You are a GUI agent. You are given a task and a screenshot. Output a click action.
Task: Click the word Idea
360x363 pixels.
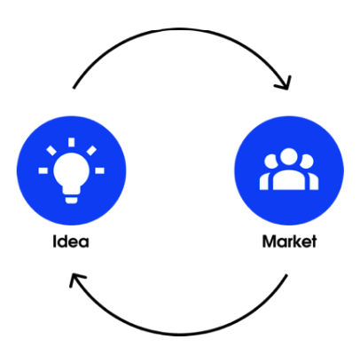[71, 241]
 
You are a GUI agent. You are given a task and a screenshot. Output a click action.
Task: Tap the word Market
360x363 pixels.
[289, 241]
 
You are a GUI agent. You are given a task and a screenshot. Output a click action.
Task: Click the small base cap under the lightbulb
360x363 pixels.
[71, 200]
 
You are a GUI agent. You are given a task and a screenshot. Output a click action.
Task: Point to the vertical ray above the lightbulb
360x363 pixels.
[71, 142]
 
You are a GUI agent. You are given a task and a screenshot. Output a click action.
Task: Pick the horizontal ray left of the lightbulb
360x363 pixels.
[43, 170]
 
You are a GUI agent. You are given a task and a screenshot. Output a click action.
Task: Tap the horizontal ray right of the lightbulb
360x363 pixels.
[99, 170]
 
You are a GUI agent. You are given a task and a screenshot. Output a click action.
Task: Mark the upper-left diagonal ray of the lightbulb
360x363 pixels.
[51, 150]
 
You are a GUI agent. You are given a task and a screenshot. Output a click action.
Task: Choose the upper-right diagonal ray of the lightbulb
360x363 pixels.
[91, 150]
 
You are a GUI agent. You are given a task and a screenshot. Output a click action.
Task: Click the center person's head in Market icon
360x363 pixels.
[288, 157]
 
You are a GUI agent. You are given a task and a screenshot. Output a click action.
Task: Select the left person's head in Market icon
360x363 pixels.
[270, 162]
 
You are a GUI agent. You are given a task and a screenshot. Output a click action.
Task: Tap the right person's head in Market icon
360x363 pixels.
[307, 162]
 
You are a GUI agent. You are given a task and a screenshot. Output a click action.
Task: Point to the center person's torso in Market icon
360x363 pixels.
[289, 180]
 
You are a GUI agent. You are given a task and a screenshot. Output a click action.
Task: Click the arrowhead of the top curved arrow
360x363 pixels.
[285, 83]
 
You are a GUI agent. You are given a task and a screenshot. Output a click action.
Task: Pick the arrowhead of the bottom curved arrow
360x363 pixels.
[76, 280]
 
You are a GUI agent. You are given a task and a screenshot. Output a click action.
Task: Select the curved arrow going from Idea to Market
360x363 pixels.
[180, 29]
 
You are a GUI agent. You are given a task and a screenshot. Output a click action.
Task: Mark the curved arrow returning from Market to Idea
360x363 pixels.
[180, 335]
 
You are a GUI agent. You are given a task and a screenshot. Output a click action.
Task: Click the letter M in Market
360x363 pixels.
[269, 241]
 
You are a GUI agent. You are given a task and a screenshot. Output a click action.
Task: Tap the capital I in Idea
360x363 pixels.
[54, 241]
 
